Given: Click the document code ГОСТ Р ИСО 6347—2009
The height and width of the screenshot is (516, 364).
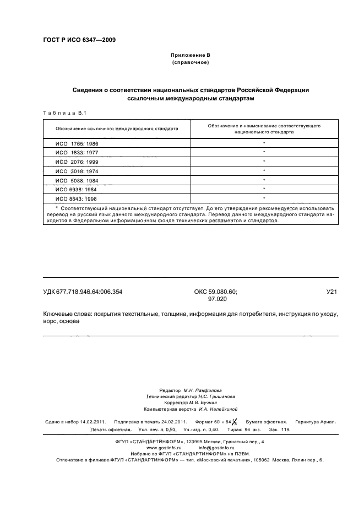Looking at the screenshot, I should [x=79, y=39].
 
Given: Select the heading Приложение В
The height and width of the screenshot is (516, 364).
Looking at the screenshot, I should [x=190, y=56].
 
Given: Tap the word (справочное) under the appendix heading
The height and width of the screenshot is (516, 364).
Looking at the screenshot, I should [x=190, y=63].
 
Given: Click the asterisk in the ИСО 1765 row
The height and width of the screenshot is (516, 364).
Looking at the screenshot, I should [x=264, y=142].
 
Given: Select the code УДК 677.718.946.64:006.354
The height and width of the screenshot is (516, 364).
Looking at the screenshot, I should [x=86, y=293].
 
